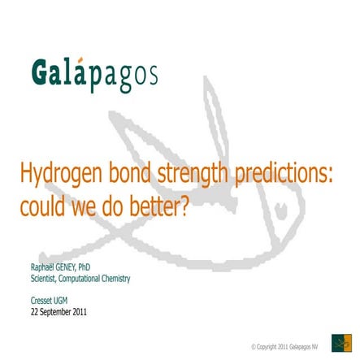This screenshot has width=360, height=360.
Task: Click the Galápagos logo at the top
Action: (x=93, y=74)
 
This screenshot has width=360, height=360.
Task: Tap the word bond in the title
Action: (x=129, y=174)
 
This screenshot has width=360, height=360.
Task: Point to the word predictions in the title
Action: (x=284, y=174)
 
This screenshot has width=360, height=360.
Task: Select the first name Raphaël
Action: (x=41, y=267)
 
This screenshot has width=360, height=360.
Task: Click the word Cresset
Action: (x=40, y=300)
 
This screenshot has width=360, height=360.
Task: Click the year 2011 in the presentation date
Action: (x=79, y=311)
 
